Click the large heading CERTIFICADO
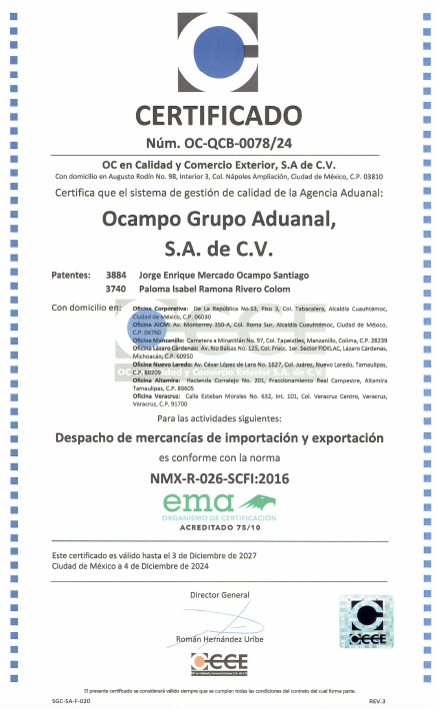218,113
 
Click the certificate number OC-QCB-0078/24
218,143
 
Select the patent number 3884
116,274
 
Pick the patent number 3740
116,288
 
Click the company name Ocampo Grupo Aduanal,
218,218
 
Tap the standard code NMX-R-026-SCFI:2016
218,478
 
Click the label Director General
219,595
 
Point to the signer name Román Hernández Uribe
219,637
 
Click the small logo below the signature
219,663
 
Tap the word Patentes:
70,274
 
